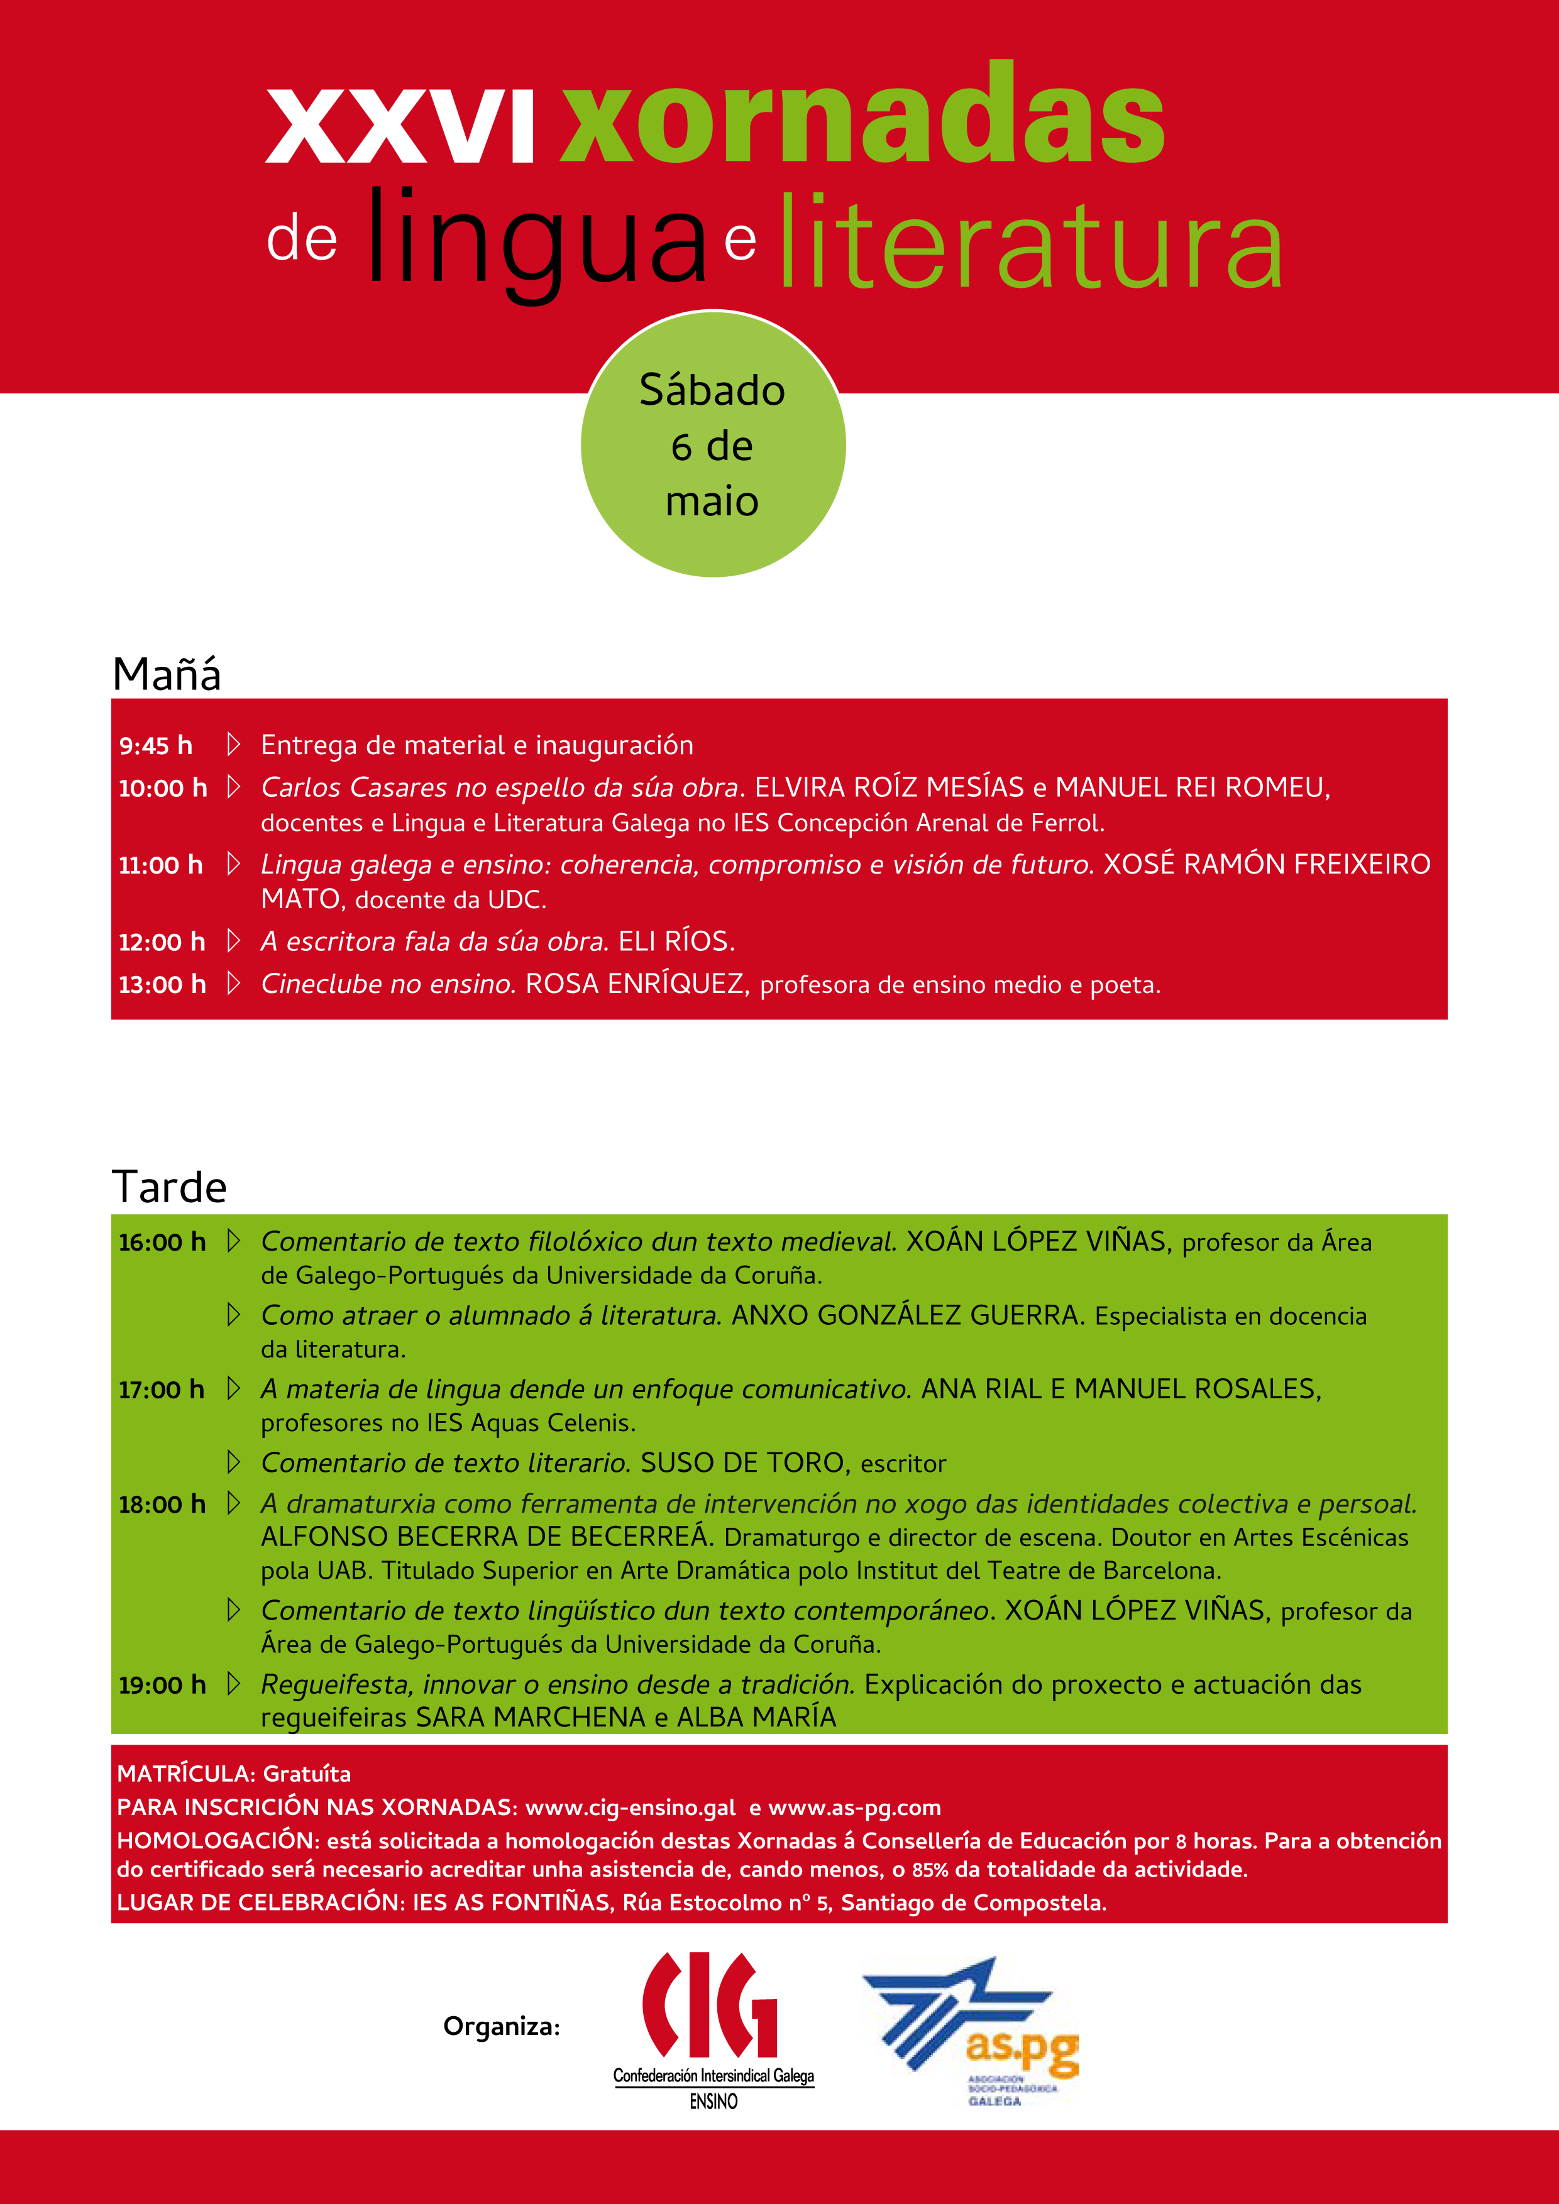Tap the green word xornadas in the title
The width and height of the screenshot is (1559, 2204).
862,115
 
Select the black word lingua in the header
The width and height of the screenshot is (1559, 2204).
536,240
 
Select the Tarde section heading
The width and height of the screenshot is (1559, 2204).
170,1187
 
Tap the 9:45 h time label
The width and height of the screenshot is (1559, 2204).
155,746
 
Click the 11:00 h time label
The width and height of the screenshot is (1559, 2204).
160,865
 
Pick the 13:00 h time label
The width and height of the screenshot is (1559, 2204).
162,984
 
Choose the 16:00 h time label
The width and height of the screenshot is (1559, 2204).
162,1242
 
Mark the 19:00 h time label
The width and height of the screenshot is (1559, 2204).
162,1685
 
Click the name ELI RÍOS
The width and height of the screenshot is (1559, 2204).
676,941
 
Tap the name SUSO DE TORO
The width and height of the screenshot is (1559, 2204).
744,1463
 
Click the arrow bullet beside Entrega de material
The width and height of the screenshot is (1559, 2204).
233,744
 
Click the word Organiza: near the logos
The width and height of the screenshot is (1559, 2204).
501,2026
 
